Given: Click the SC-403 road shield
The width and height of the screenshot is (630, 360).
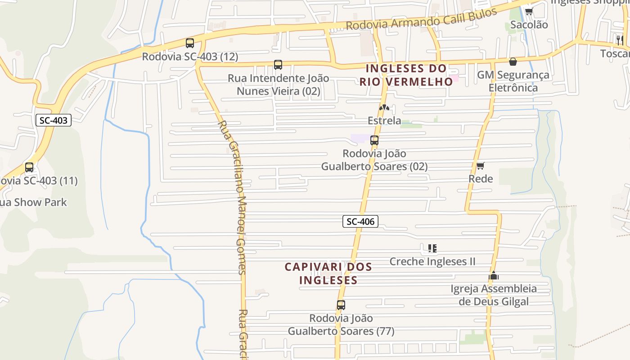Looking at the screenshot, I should click(54, 120).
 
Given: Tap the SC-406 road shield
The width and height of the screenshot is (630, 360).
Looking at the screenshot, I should click(360, 221).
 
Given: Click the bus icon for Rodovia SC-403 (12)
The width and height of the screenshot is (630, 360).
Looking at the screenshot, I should click(190, 43).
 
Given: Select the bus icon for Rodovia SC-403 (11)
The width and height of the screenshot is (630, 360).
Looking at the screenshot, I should click(29, 167).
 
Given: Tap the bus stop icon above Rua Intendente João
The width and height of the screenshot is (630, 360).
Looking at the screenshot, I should click(278, 65).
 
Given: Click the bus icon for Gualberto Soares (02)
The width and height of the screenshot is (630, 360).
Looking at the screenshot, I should click(374, 140).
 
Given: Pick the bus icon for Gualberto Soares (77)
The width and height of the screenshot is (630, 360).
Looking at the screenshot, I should click(341, 305).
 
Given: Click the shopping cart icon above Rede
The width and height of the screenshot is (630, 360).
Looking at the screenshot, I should click(481, 166).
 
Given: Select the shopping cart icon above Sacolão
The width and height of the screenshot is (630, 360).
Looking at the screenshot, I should click(529, 12).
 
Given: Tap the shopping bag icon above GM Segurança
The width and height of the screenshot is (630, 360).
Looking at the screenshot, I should click(513, 62).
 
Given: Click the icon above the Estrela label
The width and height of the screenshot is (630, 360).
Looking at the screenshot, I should click(384, 108).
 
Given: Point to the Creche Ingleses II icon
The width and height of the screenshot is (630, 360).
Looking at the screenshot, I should click(432, 248).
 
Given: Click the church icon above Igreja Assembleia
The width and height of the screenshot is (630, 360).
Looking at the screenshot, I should click(494, 275).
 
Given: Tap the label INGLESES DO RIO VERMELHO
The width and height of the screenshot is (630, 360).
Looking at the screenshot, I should click(406, 75).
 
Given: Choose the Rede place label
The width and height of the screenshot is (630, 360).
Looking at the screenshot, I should click(481, 179).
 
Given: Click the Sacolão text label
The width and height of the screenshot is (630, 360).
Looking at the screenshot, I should click(529, 25).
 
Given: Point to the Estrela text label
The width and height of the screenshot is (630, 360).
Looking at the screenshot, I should click(384, 121).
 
